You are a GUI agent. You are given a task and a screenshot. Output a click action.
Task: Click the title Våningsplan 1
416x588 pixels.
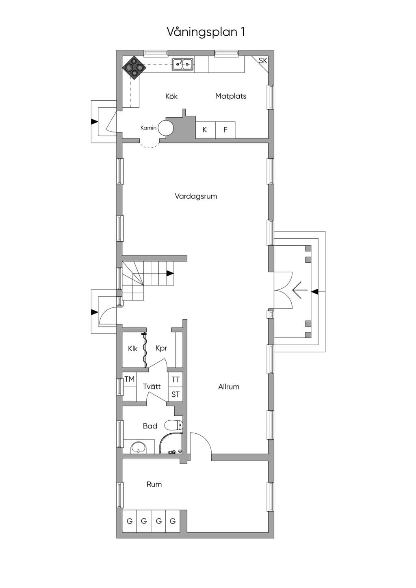206,32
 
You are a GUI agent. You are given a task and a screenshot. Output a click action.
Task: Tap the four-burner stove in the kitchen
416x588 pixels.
134,67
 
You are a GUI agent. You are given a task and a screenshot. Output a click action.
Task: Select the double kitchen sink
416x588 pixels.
183,64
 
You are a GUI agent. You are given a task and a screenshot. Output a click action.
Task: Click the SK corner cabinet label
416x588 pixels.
262,61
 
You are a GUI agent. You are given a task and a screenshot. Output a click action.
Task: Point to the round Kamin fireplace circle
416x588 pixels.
166,128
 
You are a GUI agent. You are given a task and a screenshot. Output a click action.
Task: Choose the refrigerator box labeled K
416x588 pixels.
206,130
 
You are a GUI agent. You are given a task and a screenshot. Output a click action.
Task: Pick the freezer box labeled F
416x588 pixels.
225,130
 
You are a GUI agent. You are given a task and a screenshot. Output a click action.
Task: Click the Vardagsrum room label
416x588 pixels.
196,197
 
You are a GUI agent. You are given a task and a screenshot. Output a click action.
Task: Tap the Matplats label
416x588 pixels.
231,96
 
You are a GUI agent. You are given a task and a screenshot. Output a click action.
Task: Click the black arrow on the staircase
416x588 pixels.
170,274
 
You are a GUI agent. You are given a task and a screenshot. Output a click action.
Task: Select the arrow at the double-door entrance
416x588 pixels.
300,290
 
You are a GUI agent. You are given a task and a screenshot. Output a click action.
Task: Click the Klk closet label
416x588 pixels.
132,348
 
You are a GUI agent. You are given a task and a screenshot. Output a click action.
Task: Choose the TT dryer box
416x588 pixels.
175,380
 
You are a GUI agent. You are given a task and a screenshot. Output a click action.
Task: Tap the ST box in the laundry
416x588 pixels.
175,394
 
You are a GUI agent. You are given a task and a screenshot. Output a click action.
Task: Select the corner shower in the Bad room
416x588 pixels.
171,443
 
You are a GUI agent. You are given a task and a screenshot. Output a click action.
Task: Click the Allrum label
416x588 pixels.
229,387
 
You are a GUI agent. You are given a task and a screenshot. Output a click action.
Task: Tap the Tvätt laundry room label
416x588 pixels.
152,387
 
